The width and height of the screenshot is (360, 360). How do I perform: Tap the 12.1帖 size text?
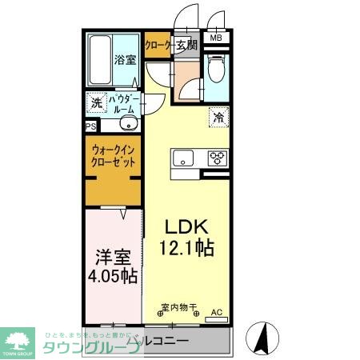pyautogui.click(x=187, y=249)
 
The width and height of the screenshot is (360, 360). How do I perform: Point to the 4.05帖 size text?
pyautogui.click(x=112, y=277)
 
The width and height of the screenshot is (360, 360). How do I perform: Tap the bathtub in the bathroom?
pyautogui.click(x=99, y=59)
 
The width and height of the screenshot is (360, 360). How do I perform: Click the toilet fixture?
pyautogui.click(x=215, y=70)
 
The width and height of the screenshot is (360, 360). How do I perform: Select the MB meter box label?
pyautogui.click(x=216, y=38)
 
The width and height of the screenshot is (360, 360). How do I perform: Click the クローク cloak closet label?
pyautogui.click(x=158, y=45)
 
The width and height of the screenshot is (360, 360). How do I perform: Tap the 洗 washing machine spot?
pyautogui.click(x=95, y=102)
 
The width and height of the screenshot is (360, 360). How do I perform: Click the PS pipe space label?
pyautogui.click(x=90, y=126)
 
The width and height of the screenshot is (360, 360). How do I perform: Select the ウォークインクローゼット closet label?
pyautogui.click(x=113, y=154)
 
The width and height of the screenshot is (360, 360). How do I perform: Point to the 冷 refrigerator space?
pyautogui.click(x=218, y=118)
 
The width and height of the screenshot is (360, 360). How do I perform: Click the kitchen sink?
pyautogui.click(x=182, y=158)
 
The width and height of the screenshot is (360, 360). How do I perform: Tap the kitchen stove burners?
pyautogui.click(x=217, y=158)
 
